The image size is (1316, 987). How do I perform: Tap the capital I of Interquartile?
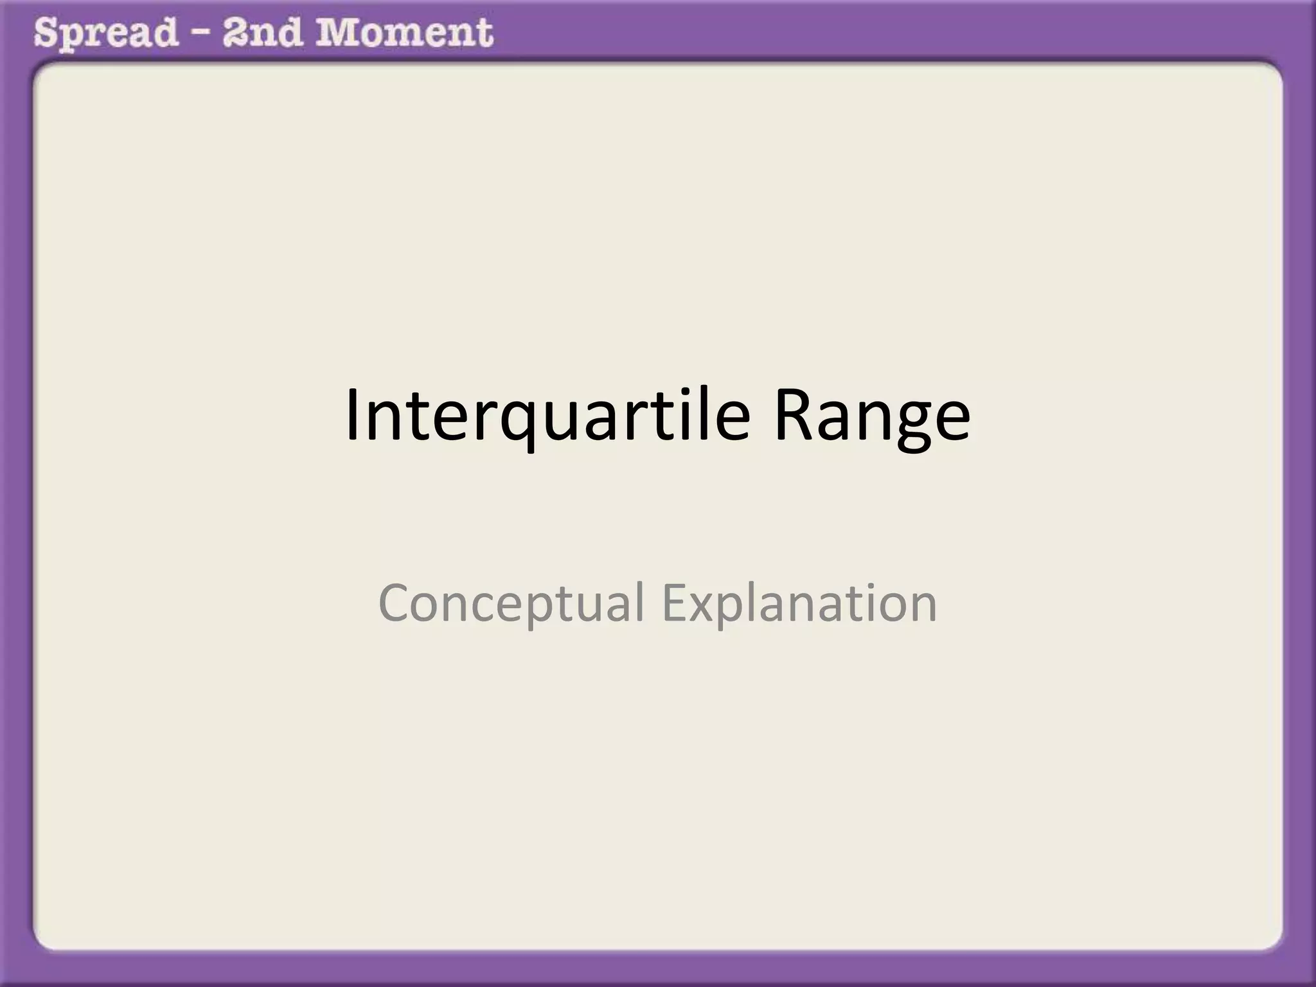[x=352, y=414]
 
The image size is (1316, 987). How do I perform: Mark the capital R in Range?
[x=795, y=414]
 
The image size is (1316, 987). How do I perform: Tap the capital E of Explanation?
[x=675, y=603]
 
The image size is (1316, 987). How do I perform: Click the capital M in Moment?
[x=337, y=32]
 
